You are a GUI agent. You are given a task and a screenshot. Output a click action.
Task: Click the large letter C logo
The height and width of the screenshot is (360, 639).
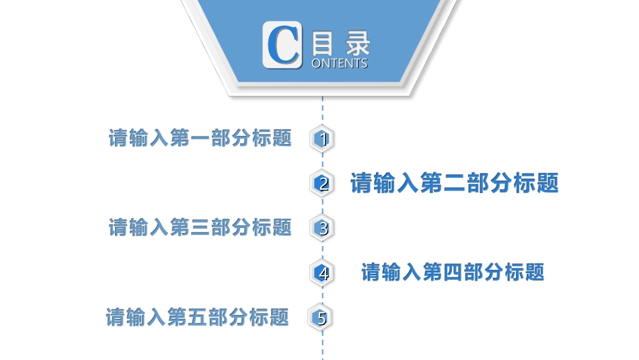pos(281,44)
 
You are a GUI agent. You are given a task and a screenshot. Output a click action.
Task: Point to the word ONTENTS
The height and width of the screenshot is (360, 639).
pos(340,63)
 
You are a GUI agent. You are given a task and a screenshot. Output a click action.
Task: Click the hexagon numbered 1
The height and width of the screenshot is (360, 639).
pos(323,139)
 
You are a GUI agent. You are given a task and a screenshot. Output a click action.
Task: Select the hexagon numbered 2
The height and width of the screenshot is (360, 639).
pos(323,183)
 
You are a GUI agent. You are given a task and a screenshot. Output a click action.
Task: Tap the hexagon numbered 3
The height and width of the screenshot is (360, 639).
pos(323,228)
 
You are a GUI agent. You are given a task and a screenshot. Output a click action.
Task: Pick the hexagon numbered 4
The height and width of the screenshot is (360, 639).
pos(323,273)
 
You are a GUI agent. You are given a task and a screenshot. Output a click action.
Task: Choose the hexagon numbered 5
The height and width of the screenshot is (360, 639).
pos(321,318)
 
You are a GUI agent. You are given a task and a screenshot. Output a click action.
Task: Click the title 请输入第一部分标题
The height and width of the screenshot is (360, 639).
pos(200,138)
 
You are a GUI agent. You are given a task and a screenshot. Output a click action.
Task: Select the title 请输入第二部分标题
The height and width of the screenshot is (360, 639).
pos(455,183)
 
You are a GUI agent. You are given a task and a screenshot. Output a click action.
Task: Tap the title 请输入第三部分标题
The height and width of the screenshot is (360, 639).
pos(200,227)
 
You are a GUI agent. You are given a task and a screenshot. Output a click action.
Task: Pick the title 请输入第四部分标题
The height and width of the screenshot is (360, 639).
pos(453,273)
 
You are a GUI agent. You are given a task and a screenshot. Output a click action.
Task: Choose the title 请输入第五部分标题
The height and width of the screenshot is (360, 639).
pos(198,317)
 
